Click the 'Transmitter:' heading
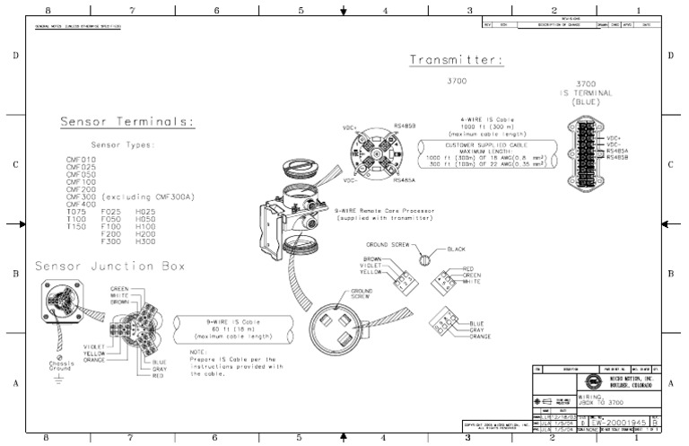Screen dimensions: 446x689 click(456, 60)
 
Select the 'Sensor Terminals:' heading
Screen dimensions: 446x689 click(127, 122)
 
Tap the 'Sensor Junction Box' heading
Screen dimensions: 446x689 click(109, 267)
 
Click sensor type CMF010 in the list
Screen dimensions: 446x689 click(81, 159)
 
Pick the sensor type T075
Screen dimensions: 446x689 click(76, 211)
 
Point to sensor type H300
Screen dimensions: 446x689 click(144, 241)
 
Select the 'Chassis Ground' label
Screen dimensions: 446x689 click(60, 366)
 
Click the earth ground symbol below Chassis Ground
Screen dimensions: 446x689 click(59, 380)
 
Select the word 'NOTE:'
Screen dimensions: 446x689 click(200, 353)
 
